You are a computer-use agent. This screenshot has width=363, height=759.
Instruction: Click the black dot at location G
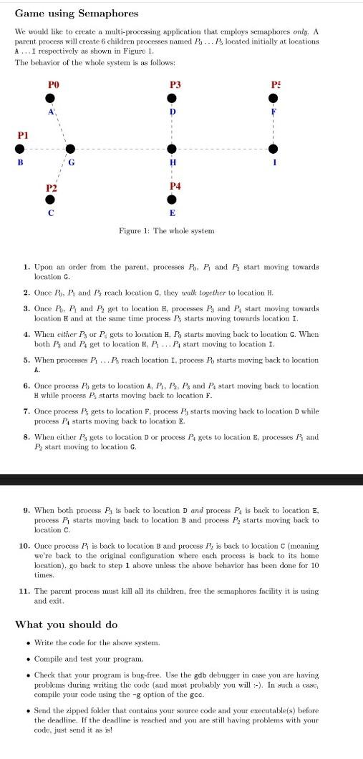point(69,149)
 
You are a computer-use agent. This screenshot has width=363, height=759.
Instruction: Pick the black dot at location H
point(171,149)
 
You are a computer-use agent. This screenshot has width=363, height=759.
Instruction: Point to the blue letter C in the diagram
point(49,212)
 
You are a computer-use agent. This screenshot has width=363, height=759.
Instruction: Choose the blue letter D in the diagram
point(171,112)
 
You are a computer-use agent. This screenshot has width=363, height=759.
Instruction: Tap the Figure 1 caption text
point(166,230)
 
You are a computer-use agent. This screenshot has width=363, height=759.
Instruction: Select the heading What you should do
point(67,625)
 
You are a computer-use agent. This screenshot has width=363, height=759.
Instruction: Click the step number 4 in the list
point(26,334)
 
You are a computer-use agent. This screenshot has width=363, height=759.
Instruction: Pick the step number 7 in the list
point(26,411)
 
